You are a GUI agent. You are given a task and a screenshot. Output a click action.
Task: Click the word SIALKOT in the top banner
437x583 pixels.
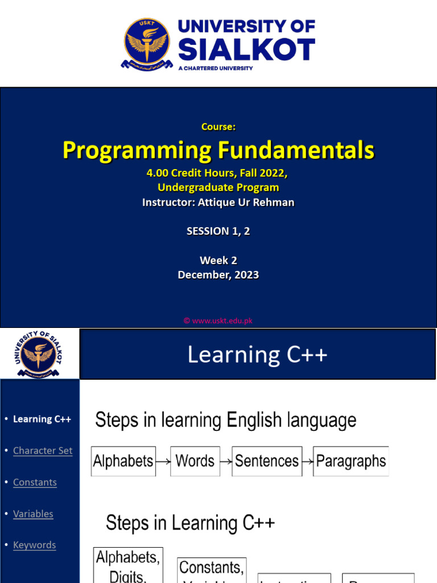click(x=246, y=50)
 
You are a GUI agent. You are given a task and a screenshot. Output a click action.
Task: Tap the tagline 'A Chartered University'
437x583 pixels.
click(x=215, y=68)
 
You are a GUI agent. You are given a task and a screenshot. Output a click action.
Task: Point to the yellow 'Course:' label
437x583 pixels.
click(x=218, y=126)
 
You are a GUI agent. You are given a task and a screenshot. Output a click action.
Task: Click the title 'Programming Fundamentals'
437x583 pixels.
click(x=218, y=150)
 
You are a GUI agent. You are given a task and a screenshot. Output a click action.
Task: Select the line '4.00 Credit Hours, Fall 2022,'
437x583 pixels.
click(x=218, y=173)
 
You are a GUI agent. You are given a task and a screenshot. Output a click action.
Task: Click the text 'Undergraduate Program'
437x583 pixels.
click(x=218, y=187)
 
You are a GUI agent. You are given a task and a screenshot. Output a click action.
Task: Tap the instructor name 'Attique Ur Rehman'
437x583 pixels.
click(x=246, y=202)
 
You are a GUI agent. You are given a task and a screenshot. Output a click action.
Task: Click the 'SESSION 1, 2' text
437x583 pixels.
click(x=218, y=231)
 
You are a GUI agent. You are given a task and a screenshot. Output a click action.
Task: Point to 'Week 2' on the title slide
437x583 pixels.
click(x=218, y=260)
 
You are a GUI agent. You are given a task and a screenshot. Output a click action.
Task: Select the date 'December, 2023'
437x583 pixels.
click(x=218, y=274)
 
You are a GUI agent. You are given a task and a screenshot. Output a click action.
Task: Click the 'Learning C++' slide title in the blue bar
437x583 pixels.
click(x=257, y=355)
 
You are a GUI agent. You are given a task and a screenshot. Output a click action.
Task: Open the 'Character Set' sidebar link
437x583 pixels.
click(x=43, y=450)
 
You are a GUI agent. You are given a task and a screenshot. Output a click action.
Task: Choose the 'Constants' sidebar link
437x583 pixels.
click(x=35, y=482)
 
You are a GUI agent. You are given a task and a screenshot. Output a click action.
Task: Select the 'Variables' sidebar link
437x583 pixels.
click(x=33, y=514)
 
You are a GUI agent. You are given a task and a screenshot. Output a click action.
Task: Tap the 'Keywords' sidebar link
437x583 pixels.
click(x=34, y=545)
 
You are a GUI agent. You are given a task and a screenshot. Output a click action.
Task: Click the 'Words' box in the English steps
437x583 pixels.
click(x=195, y=461)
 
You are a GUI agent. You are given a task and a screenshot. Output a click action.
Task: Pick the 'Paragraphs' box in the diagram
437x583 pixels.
click(x=351, y=461)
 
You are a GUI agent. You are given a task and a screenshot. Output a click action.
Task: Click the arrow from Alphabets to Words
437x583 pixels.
click(x=163, y=462)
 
